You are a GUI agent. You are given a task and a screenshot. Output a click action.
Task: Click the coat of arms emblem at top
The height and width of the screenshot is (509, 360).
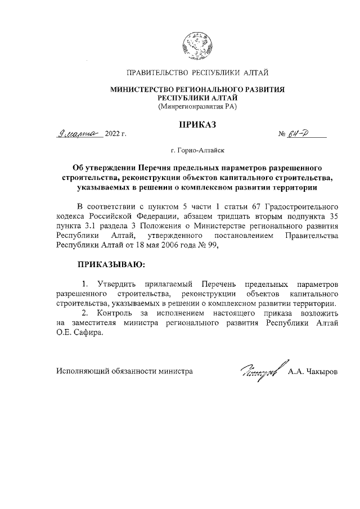click(x=197, y=44)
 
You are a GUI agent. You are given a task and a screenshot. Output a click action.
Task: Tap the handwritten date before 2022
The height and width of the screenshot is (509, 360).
click(x=79, y=133)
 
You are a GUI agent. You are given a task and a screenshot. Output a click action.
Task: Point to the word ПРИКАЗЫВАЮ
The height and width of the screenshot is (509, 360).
click(x=111, y=263)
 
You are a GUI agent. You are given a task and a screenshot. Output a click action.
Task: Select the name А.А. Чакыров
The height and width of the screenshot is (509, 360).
click(x=313, y=372)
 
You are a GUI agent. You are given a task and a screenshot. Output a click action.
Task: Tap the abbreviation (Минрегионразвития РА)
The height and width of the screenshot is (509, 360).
click(x=197, y=106)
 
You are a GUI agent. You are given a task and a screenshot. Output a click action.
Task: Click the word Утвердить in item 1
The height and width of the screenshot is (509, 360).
click(x=115, y=282)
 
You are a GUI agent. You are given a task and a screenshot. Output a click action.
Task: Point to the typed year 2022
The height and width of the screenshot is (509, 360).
click(x=112, y=134)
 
